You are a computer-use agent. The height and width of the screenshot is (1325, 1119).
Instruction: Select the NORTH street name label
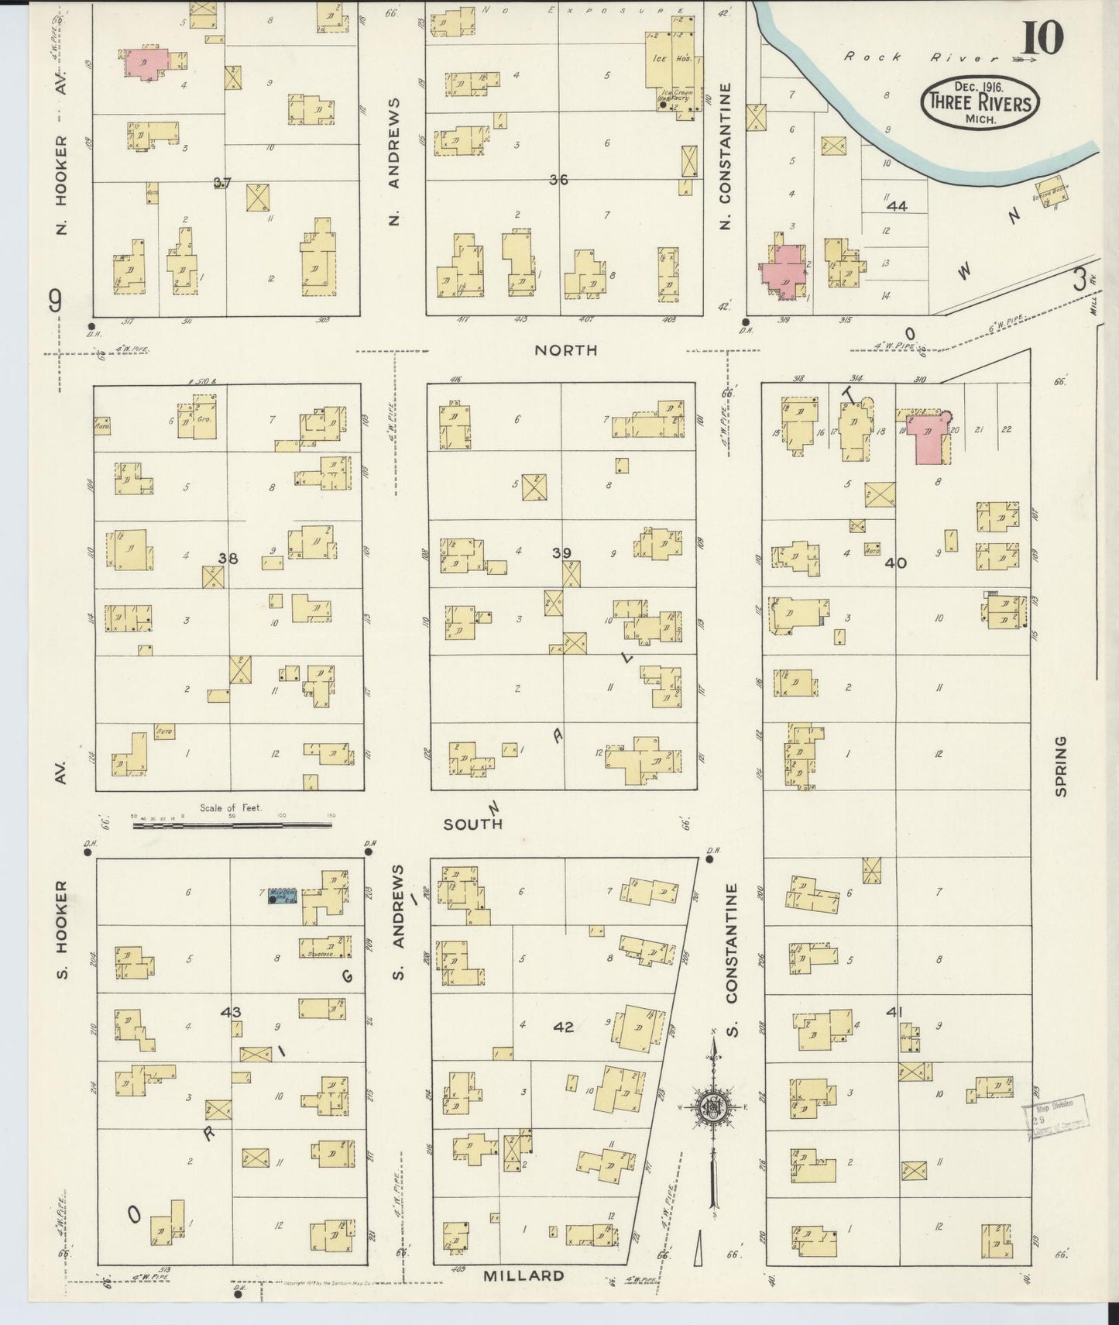[566, 350]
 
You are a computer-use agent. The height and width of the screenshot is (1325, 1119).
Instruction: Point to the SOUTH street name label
[472, 824]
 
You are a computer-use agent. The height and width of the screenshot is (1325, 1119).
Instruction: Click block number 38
[228, 558]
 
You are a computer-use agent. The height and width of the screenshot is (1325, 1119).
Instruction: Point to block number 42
[564, 1027]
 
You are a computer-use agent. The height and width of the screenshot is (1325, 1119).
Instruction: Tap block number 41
[895, 1012]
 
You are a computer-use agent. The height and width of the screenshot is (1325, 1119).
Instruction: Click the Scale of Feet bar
[232, 825]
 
